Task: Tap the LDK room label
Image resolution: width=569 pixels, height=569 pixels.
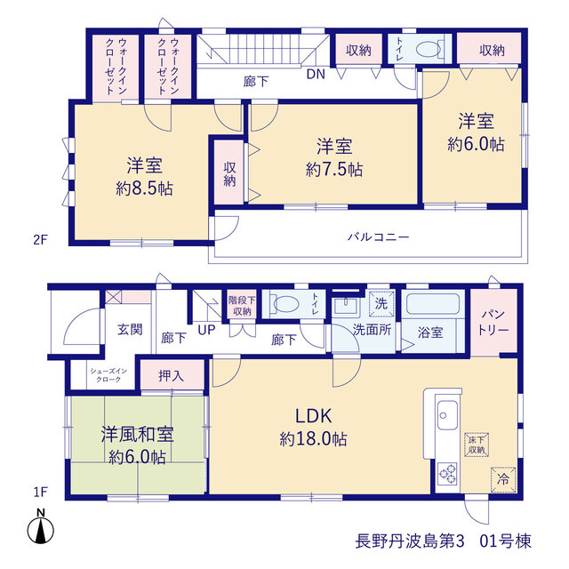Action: pos(314,416)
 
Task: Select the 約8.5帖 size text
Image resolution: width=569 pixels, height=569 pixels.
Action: pos(144,188)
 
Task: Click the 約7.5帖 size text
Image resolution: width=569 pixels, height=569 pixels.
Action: pos(334,170)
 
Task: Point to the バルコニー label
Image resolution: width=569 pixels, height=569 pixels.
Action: pos(379,237)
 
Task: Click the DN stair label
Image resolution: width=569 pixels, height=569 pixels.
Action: pos(316,75)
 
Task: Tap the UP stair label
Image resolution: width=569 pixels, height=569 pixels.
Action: pos(206,330)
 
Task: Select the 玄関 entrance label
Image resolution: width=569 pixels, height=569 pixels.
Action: pos(130,330)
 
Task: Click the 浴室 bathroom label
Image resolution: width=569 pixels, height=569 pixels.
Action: pos(430,332)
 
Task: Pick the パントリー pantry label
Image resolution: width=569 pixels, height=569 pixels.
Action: pos(493,322)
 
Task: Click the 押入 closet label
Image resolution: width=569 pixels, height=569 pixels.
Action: pos(171,376)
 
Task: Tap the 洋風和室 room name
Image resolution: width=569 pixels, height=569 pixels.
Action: pos(138,435)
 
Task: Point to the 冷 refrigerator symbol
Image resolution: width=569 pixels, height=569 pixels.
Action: pos(503,479)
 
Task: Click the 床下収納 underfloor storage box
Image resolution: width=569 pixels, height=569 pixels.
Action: pos(477,445)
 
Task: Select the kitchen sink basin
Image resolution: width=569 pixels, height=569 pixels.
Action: pos(447,415)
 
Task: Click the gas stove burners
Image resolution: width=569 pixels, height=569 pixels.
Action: pos(447,474)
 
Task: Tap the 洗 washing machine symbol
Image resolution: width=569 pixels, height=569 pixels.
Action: pos(381,303)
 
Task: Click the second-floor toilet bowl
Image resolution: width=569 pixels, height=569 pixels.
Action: pos(429,50)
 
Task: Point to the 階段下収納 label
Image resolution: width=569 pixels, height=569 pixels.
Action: pos(242,306)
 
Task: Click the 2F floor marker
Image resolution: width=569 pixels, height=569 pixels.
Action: pos(40,240)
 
